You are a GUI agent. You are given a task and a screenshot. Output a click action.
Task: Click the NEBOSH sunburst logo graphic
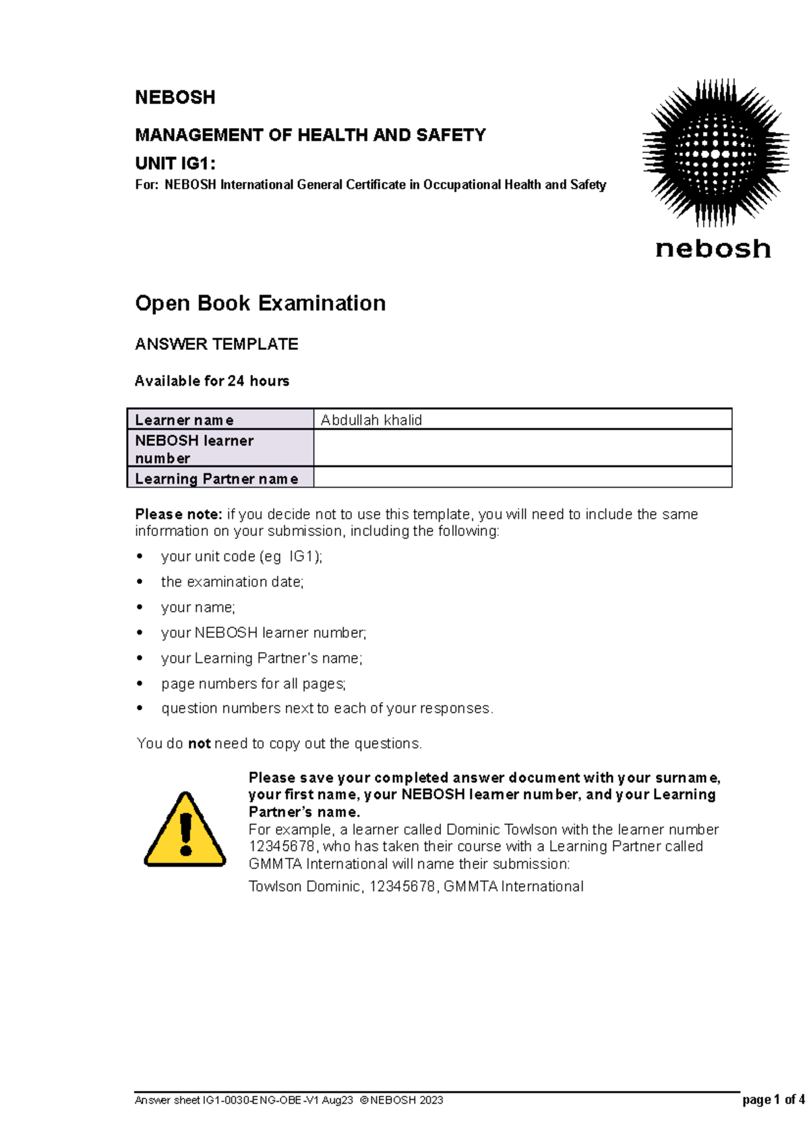(715, 152)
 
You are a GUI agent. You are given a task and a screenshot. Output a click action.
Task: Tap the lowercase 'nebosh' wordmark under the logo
(713, 249)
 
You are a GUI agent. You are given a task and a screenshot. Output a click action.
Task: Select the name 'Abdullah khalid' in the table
(371, 420)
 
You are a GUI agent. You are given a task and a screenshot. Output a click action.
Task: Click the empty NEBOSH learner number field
(522, 448)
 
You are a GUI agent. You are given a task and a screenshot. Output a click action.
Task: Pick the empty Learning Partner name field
(522, 478)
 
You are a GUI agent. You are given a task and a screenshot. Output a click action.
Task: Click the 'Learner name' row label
(185, 420)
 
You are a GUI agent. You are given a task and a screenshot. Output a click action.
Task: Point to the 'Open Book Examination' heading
(260, 303)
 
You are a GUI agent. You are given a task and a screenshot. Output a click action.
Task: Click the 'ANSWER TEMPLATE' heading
(216, 345)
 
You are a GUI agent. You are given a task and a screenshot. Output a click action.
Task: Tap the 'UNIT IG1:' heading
(175, 163)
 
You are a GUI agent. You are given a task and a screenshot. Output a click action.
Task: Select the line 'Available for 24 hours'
(212, 381)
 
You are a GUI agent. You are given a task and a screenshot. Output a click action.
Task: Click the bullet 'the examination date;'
(233, 582)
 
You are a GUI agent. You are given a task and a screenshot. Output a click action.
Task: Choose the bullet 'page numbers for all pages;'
(253, 684)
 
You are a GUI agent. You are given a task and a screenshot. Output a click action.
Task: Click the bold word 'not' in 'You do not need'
(199, 744)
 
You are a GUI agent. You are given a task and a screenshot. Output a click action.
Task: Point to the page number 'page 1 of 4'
(773, 1100)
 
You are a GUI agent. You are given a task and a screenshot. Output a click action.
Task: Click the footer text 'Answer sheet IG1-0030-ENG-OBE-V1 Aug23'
(244, 1100)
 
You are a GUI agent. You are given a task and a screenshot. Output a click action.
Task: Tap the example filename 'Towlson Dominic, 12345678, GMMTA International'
(416, 887)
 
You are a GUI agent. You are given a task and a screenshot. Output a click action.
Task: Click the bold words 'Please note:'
(178, 515)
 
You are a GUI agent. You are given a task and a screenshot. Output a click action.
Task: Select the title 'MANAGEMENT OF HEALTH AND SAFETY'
(310, 136)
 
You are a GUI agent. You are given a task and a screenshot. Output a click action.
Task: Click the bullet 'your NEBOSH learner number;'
(264, 633)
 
